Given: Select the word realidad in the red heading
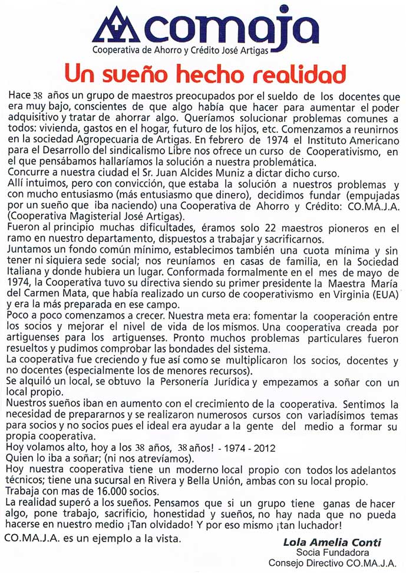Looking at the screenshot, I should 298,75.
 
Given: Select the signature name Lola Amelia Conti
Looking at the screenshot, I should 332,542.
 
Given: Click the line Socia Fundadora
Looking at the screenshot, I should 332,553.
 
